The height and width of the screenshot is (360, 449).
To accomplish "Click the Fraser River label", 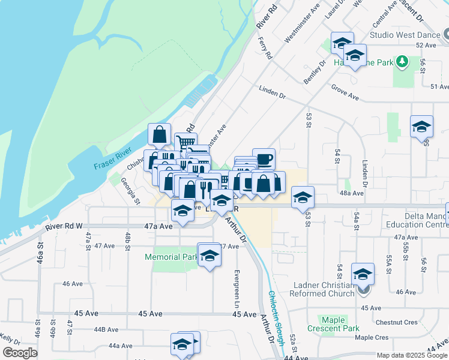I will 112,158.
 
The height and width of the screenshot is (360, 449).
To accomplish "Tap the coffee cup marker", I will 264,160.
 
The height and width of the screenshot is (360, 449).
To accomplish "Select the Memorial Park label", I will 171,257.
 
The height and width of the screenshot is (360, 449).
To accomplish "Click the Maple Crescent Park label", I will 333,324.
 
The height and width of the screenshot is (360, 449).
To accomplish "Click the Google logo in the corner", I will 20,353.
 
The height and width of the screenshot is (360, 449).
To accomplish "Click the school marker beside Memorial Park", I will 209,256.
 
